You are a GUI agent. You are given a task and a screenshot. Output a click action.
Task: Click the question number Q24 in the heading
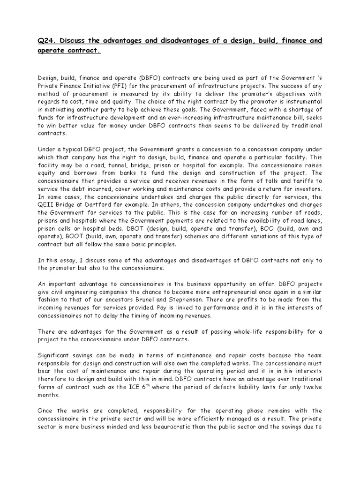(46, 41)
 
